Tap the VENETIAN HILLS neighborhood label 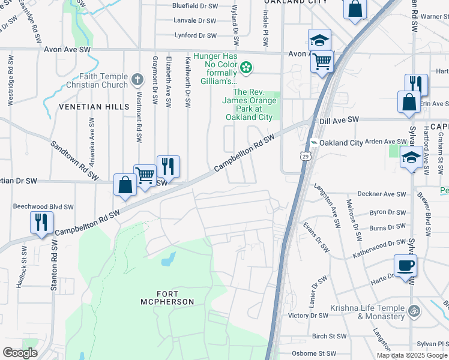pyautogui.click(x=94, y=107)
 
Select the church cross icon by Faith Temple pyautogui.click(x=137, y=79)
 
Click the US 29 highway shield pyautogui.click(x=306, y=157)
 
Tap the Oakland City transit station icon pyautogui.click(x=313, y=143)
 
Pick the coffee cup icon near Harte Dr pyautogui.click(x=405, y=265)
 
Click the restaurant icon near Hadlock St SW pyautogui.click(x=41, y=222)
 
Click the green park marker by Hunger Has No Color pyautogui.click(x=247, y=67)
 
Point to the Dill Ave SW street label pyautogui.click(x=339, y=120)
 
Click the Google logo pyautogui.click(x=20, y=353)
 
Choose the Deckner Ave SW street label pyautogui.click(x=381, y=194)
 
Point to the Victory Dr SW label pyautogui.click(x=308, y=316)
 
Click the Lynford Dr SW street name pyautogui.click(x=195, y=36)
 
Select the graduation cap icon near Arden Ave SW pyautogui.click(x=411, y=157)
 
